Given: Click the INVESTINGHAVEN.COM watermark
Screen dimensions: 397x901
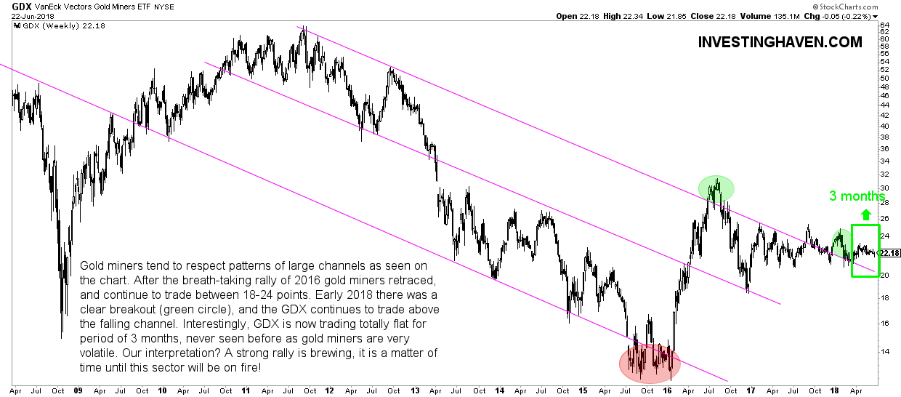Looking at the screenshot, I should pos(780,42).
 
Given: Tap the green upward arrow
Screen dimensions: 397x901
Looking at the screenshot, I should pos(865,214).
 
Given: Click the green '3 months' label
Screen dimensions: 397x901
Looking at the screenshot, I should pos(857,196).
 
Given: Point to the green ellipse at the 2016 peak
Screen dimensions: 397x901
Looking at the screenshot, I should pos(716,188).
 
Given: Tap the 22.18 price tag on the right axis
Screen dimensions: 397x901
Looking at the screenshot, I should pos(889,253).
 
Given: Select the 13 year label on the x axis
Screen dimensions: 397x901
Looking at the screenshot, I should pos(416,389).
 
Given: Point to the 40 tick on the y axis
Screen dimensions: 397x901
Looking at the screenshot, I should pos(884,125).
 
